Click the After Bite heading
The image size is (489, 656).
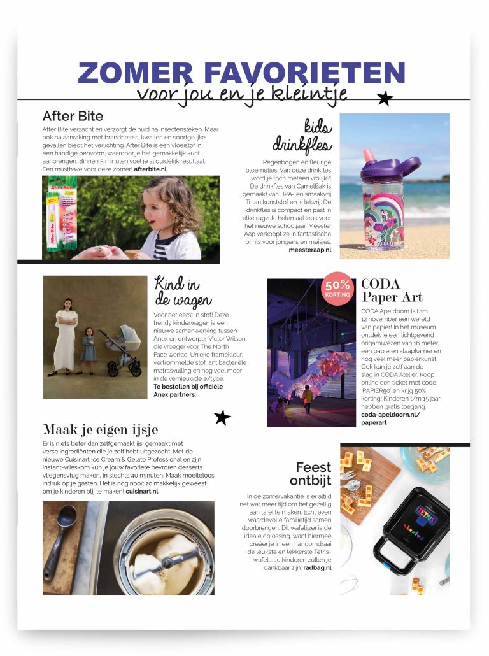tap(73, 117)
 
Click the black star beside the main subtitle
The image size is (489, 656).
tap(385, 98)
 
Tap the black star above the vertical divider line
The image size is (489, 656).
tap(222, 418)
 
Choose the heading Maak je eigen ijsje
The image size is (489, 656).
tap(100, 429)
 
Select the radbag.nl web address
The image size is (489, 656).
tap(317, 567)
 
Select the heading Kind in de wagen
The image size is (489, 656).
tap(182, 291)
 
